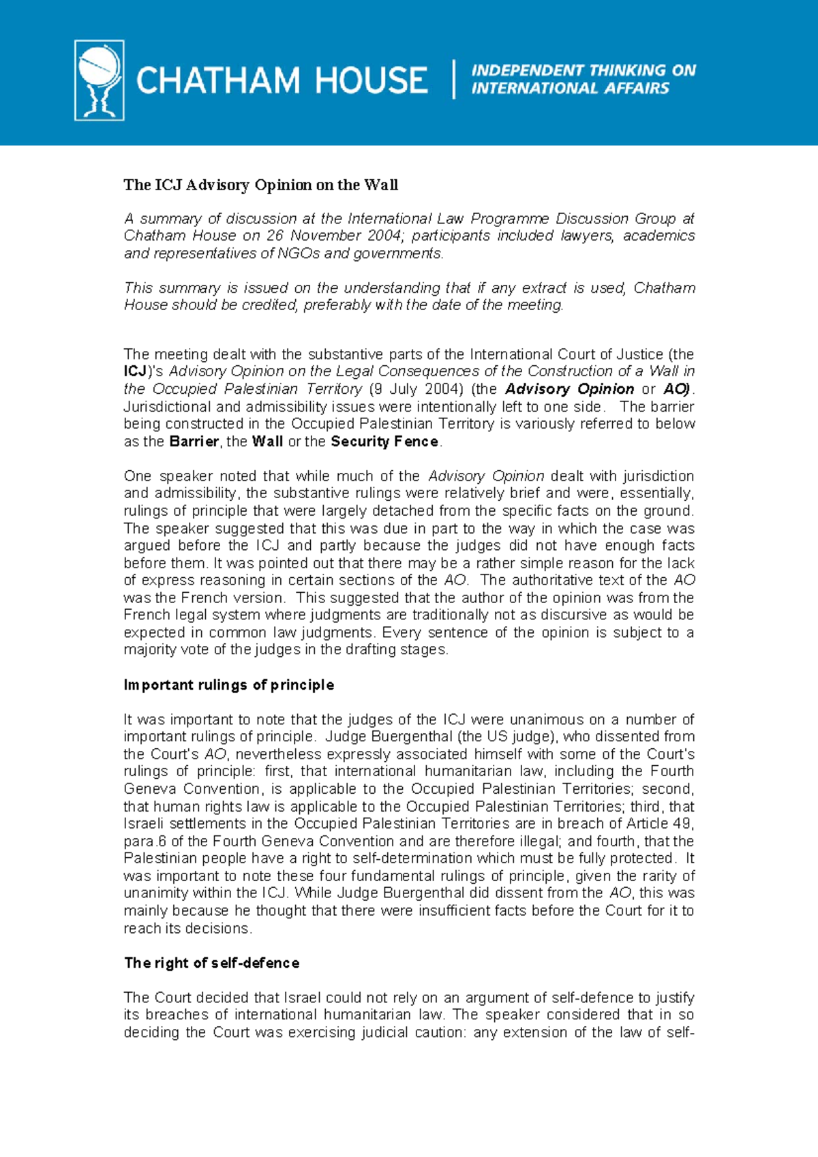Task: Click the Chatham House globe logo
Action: (100, 80)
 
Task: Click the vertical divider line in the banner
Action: (454, 80)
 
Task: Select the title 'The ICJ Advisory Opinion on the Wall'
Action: (260, 185)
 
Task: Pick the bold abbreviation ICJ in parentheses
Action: (135, 371)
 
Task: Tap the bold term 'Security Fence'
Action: (384, 442)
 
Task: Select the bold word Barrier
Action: (194, 442)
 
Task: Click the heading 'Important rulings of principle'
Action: (228, 685)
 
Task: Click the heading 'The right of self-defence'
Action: (211, 963)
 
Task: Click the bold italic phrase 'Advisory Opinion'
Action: (570, 389)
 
